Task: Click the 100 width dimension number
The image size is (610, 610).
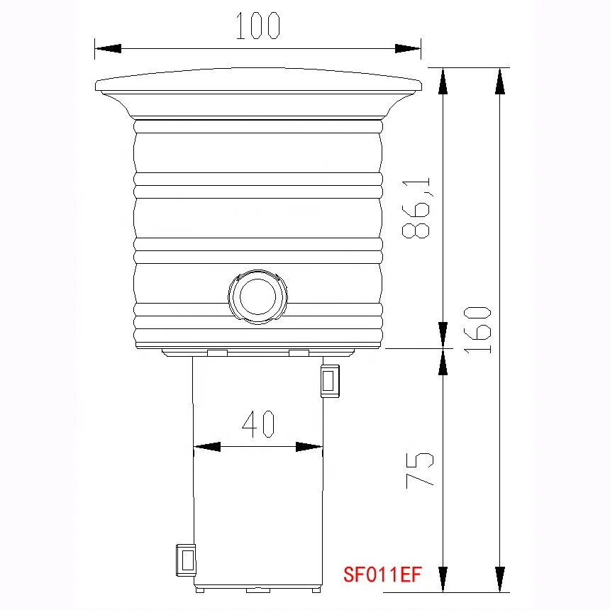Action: (x=258, y=26)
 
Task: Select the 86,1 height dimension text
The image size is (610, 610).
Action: (x=417, y=209)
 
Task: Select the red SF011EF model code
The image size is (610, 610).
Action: (x=382, y=574)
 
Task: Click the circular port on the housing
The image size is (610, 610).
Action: (x=257, y=297)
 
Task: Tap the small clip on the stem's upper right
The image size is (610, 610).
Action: (x=330, y=380)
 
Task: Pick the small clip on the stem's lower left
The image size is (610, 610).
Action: (x=185, y=560)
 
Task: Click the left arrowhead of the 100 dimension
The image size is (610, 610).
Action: (x=107, y=48)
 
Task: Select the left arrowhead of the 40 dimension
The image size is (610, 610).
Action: (x=206, y=447)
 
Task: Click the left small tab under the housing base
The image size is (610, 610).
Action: (x=217, y=353)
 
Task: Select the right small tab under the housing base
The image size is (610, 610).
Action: (x=299, y=353)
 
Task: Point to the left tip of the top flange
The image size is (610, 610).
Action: (x=96, y=86)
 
